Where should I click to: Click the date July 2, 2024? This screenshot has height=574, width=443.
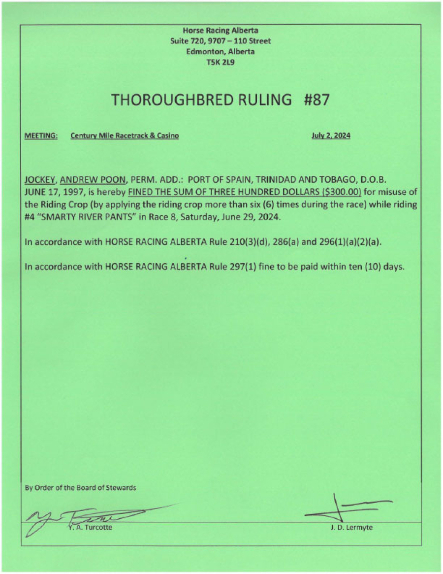click(x=331, y=135)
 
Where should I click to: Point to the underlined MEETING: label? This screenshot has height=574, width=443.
click(x=41, y=135)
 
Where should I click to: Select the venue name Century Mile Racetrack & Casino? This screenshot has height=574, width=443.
click(x=125, y=135)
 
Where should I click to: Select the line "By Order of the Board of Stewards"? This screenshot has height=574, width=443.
click(x=80, y=488)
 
